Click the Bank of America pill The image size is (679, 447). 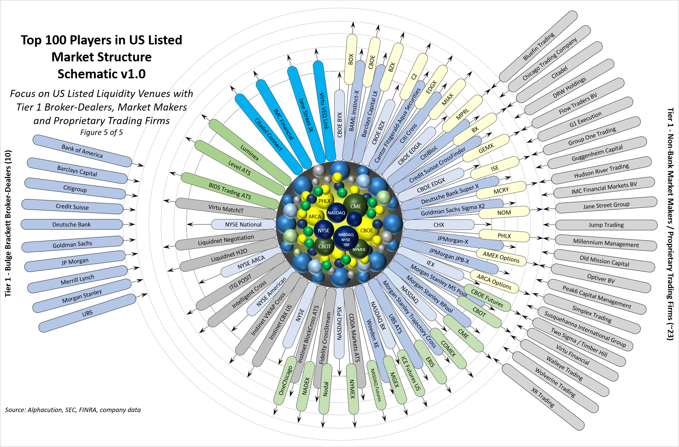(82, 151)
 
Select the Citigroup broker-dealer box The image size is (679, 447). (75, 189)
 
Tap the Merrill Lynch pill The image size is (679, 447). (78, 279)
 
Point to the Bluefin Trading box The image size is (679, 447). (539, 46)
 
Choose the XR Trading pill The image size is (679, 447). (543, 397)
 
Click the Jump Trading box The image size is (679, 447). (606, 225)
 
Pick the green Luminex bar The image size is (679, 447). (250, 153)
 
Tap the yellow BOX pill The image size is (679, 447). (351, 59)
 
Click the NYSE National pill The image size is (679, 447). (243, 225)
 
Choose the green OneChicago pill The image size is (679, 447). (285, 380)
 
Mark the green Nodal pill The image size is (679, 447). (326, 389)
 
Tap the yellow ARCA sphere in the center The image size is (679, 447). (315, 216)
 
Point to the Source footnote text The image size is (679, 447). (73, 410)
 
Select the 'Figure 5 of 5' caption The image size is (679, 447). (101, 133)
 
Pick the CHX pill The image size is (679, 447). (439, 225)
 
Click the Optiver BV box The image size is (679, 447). (601, 278)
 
